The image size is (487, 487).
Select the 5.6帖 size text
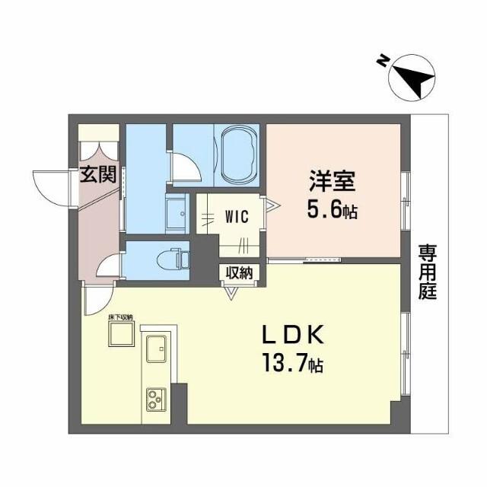click(x=331, y=211)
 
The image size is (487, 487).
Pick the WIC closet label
click(x=237, y=215)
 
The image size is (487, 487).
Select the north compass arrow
click(x=412, y=78)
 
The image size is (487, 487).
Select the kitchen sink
click(x=158, y=349)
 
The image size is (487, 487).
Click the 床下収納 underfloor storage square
click(x=120, y=334)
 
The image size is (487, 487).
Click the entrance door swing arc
click(x=48, y=186)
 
